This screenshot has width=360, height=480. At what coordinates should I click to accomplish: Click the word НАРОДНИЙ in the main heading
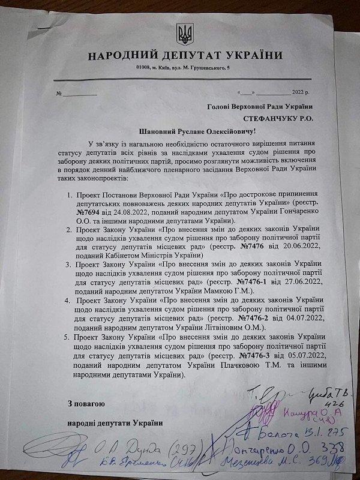[x=121, y=56]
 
